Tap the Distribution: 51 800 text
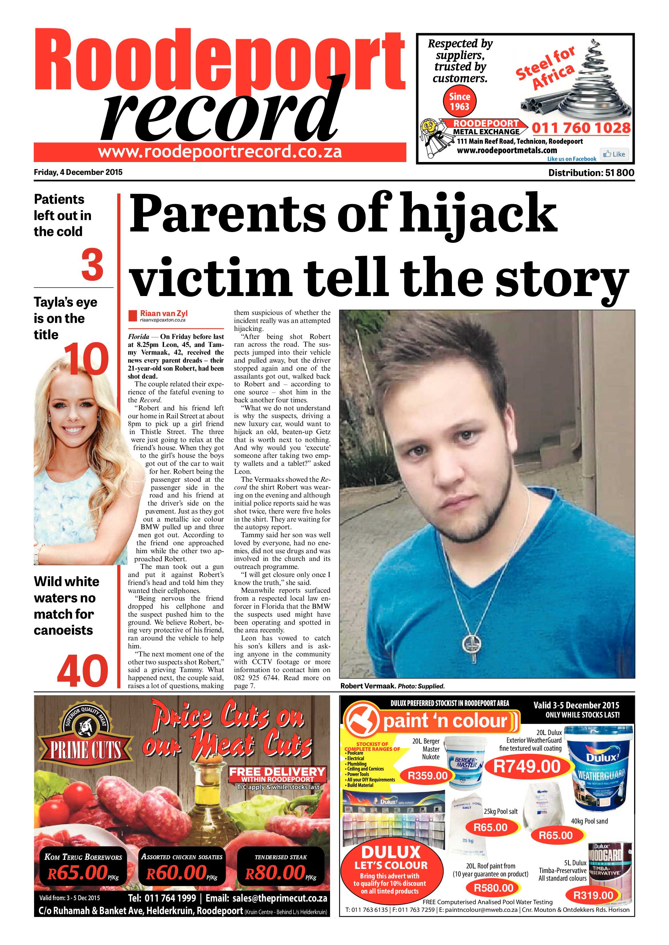pos(591,173)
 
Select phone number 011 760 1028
pos(581,128)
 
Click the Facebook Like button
pos(614,154)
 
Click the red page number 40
pos(82,671)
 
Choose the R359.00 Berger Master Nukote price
pos(427,776)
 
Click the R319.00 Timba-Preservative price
pos(593,895)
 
